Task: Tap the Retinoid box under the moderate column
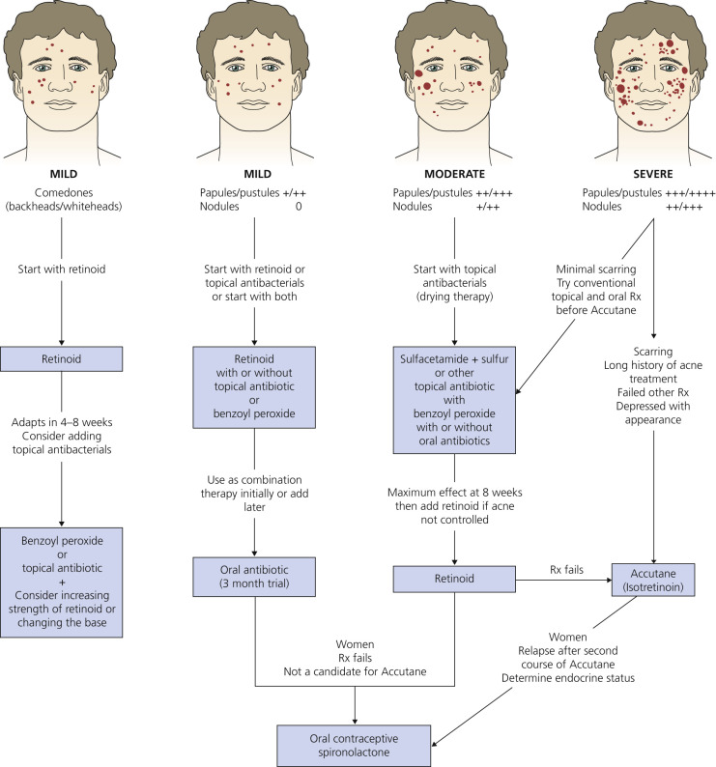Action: pyautogui.click(x=447, y=579)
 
